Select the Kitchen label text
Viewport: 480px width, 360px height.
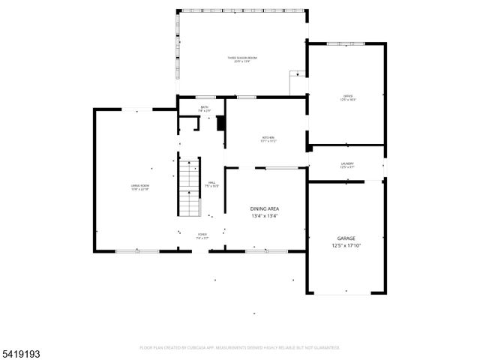click(x=268, y=139)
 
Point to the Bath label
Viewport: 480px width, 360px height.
click(x=204, y=109)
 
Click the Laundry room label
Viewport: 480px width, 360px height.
click(x=346, y=165)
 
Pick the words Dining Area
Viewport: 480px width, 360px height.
click(x=265, y=209)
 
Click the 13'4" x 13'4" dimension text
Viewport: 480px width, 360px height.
click(x=265, y=217)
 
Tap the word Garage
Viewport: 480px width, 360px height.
click(x=346, y=238)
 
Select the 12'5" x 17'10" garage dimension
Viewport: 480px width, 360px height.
click(x=346, y=245)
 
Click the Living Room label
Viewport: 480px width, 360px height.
click(x=139, y=186)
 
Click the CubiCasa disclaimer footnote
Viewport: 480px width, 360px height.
click(x=239, y=348)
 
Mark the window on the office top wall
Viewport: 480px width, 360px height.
click(x=347, y=43)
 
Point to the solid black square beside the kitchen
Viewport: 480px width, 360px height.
click(x=220, y=124)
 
